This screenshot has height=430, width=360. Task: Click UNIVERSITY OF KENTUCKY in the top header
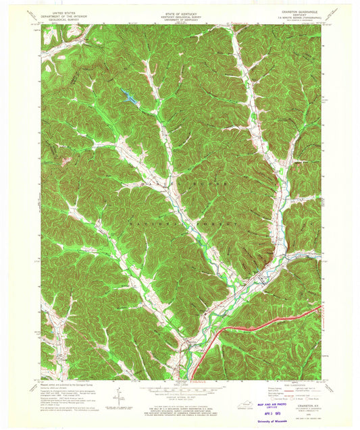click(x=180, y=20)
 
